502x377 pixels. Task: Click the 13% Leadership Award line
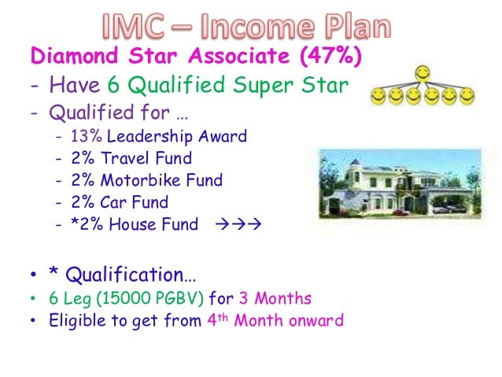pos(157,136)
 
